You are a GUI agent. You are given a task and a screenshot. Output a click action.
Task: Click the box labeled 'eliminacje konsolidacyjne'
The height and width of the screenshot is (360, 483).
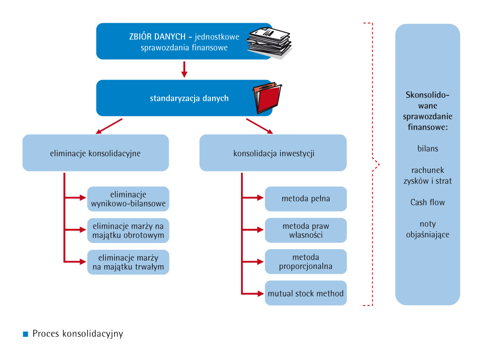pos(96,153)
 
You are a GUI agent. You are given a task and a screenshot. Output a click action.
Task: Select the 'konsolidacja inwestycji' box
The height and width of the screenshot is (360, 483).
pos(273,153)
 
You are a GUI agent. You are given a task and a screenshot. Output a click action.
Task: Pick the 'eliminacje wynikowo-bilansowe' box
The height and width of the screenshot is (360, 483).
pos(128,199)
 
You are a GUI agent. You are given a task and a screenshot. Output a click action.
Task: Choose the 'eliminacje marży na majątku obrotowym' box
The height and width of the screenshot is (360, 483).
pos(128,230)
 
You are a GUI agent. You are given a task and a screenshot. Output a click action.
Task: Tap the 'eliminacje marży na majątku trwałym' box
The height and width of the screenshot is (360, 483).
pos(128,262)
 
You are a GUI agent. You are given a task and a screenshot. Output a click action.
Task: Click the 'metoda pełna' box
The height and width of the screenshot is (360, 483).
pos(305,198)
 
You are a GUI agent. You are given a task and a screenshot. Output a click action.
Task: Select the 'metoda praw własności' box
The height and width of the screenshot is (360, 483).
pos(305,230)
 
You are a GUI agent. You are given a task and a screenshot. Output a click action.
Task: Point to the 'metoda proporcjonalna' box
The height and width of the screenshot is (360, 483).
pos(305,261)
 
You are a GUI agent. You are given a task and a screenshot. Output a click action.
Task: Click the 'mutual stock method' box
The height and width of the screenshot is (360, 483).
pos(305,293)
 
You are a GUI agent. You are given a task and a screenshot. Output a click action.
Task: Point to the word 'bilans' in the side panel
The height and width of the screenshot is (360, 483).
pos(428,148)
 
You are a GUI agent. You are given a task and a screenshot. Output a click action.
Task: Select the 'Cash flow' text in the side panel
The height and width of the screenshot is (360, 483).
pos(428,202)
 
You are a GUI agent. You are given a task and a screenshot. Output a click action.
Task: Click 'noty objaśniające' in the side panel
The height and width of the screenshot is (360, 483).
pos(428,229)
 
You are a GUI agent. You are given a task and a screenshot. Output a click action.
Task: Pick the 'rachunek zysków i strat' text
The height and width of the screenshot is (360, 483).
pos(428,175)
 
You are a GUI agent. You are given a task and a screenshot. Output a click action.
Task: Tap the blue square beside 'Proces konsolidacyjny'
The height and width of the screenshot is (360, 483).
pos(26,334)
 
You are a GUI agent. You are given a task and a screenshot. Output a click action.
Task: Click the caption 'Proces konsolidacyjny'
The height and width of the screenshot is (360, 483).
pos(78,333)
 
